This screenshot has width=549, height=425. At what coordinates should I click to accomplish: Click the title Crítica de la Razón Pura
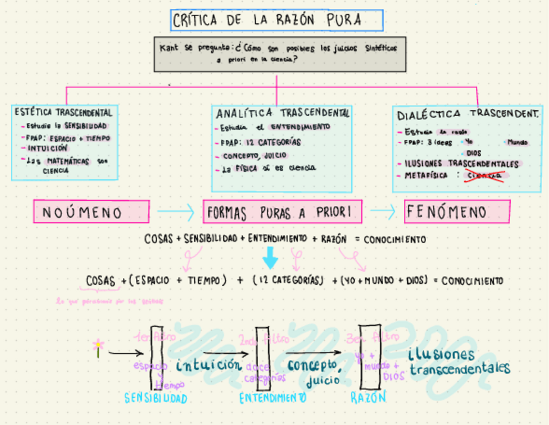[x=277, y=21]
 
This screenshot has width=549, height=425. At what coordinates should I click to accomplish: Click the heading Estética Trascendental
[x=64, y=112]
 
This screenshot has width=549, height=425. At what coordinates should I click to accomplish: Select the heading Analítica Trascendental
[x=283, y=113]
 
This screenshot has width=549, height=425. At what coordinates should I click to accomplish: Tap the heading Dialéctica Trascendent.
[x=468, y=114]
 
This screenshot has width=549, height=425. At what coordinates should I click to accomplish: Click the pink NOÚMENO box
[x=91, y=212]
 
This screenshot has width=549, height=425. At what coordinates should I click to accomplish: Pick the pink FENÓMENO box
[x=457, y=212]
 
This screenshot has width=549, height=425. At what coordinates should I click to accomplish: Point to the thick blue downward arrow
[x=271, y=259]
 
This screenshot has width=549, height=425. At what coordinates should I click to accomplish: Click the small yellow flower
[x=98, y=347]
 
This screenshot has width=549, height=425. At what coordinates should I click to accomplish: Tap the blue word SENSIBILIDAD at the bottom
[x=155, y=398]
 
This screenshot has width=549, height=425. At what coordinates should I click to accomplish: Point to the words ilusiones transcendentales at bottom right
[x=460, y=362]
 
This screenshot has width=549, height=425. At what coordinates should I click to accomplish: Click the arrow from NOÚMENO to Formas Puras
[x=175, y=211]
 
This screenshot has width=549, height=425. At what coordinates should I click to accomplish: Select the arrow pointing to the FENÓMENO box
[x=383, y=211]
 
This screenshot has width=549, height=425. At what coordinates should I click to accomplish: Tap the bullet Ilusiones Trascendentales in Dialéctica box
[x=461, y=163]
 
